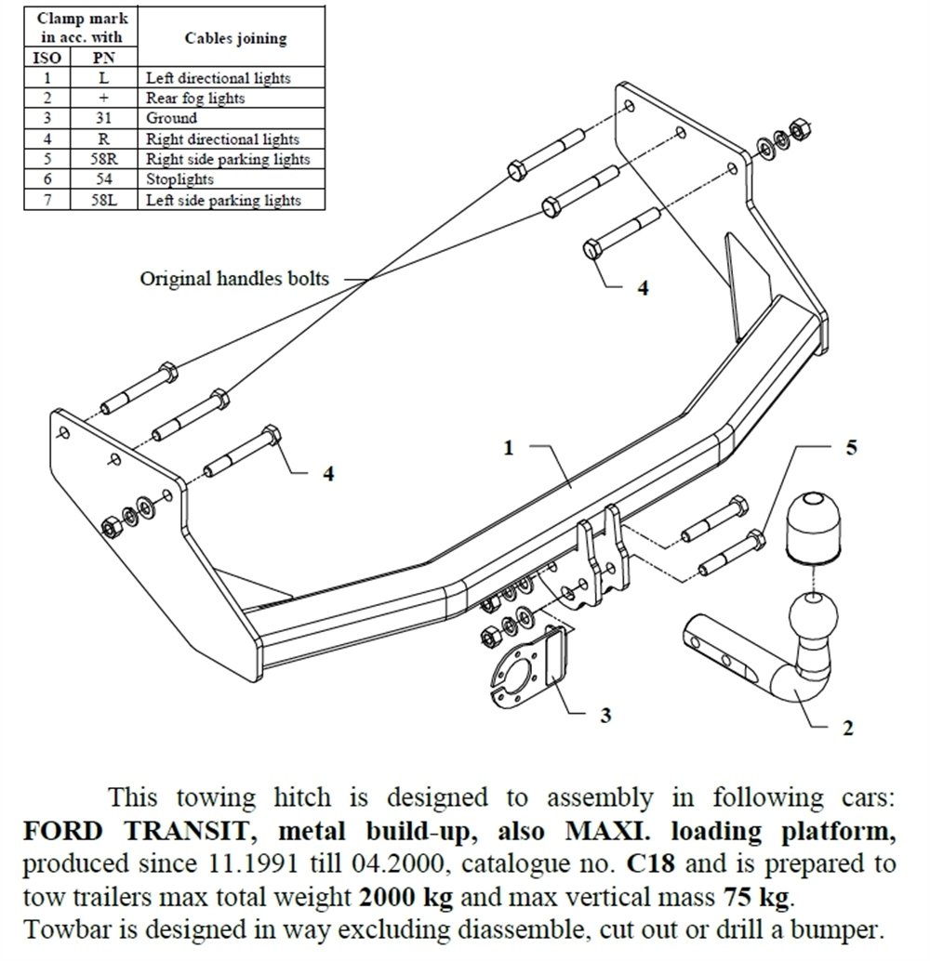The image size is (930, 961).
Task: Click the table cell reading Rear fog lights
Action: [x=195, y=98]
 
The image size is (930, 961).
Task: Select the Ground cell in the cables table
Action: [x=172, y=118]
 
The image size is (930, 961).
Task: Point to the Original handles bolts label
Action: [x=234, y=278]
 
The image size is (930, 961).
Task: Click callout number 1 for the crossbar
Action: [x=509, y=448]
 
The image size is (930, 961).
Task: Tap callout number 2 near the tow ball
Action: [x=846, y=728]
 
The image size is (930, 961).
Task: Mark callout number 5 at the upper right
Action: [x=850, y=447]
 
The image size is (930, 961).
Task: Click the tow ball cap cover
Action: [x=811, y=527]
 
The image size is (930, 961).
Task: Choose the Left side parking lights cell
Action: [x=223, y=200]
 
